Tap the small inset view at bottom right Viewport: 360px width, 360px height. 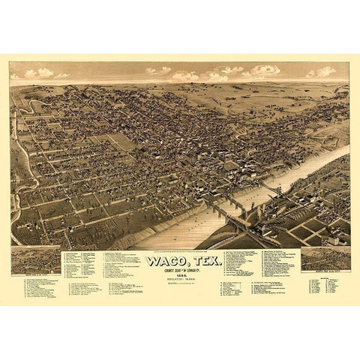point(324,258)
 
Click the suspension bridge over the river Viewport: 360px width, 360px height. point(268,187)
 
